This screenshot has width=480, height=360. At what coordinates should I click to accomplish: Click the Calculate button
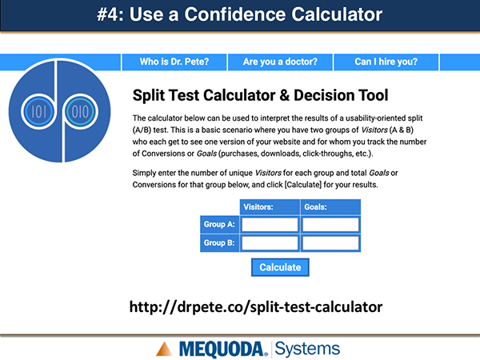pos(280,267)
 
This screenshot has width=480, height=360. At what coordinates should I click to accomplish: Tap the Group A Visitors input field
pos(270,224)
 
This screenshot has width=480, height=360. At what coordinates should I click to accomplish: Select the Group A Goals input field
pos(330,224)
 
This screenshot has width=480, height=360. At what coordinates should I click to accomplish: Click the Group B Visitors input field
pos(270,243)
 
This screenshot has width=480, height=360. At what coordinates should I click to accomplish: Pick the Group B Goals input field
pos(330,243)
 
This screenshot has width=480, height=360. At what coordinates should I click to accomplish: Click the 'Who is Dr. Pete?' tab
pos(174,62)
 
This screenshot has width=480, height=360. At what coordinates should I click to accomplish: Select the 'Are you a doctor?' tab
pos(280,62)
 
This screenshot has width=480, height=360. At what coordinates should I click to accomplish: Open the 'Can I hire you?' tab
pos(386,62)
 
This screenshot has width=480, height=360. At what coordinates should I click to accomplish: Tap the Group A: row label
pos(219,224)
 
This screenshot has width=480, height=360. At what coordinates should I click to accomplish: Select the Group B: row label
pos(219,243)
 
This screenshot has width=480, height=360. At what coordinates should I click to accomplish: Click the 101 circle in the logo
pos(38,111)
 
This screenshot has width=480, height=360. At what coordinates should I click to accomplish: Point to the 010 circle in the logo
pos(80,111)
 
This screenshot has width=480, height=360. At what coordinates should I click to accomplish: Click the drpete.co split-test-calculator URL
pos(256,306)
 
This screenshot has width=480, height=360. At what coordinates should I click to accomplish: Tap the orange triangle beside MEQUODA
pos(164,349)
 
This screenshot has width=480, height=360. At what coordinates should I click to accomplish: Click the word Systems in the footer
pos(307,349)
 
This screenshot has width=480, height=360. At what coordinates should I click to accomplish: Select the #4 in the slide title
pos(110,14)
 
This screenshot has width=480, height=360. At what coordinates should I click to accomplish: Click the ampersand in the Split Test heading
pos(284,95)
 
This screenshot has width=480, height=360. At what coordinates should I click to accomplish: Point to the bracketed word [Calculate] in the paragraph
pos(303,185)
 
